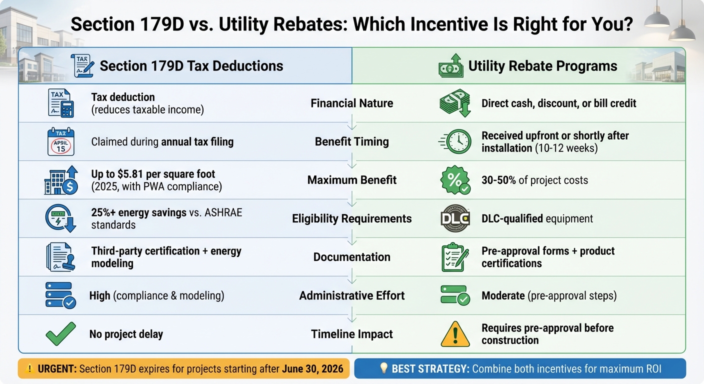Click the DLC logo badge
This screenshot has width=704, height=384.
pos(455,218)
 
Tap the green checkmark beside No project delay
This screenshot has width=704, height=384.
pos(60,333)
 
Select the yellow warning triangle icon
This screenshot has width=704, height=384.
pos(455,334)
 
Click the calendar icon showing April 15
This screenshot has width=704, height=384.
pos(60,142)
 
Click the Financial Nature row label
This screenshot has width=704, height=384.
pos(351,103)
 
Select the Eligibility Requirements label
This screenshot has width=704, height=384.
pos(351,218)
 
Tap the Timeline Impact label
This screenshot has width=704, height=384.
pos(351,334)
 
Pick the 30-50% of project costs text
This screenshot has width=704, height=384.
pos(534,180)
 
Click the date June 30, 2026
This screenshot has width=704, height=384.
pos(312,369)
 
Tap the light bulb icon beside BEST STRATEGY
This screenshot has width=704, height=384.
pos(384,369)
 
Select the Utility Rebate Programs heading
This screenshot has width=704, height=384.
pos(542,66)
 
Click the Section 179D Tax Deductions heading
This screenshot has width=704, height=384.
pos(191,66)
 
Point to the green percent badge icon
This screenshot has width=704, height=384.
pos(455,180)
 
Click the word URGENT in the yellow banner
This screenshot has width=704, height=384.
pos(56,369)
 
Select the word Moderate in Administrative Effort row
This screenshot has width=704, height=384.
pos(503,295)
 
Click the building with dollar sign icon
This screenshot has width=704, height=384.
pos(60,180)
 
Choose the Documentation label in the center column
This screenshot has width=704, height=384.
pos(351,257)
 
